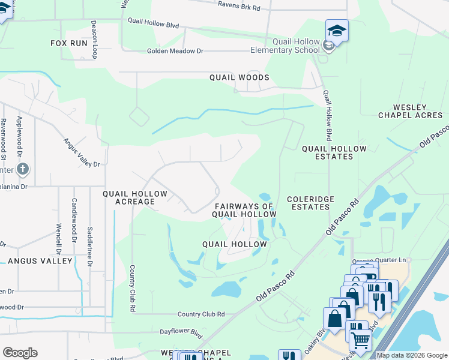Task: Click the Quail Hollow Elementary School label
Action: [287, 46]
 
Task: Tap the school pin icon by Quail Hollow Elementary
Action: [337, 30]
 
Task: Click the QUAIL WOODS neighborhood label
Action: [239, 77]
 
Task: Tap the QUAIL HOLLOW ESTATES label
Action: [327, 152]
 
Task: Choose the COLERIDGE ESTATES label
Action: [308, 203]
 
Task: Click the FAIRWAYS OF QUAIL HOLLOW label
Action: [244, 210]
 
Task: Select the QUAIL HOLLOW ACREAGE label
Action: [129, 198]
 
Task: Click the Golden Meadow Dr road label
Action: [175, 52]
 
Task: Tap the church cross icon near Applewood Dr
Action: [22, 169]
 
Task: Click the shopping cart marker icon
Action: [360, 340]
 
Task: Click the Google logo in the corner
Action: [20, 353]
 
